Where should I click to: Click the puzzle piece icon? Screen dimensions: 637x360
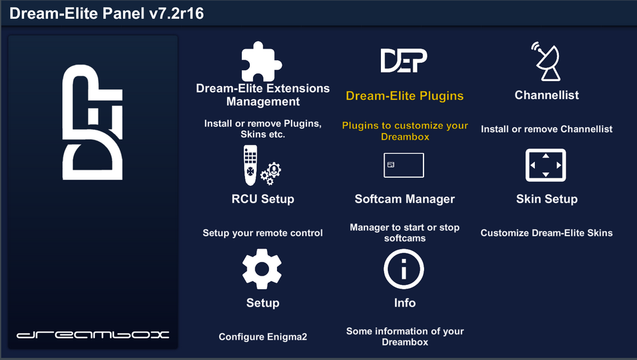coord(262,62)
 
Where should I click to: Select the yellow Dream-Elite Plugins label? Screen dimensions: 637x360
coord(404,96)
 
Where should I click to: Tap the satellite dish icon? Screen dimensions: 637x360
coord(547,62)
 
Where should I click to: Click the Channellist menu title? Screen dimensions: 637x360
coord(547,95)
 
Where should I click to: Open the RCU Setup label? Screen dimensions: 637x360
coord(263,199)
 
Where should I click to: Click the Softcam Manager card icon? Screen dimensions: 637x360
coord(404,166)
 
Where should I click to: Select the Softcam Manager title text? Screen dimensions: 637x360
coord(404,199)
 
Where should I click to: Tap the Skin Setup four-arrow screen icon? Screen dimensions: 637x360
coord(545,166)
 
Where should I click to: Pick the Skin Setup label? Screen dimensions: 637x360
coord(547,199)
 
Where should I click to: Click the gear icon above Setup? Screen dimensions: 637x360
coord(262,269)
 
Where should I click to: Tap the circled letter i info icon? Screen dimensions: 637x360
coord(404,269)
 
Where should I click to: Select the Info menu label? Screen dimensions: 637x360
coord(404,303)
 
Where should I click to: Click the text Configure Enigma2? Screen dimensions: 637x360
coord(263,337)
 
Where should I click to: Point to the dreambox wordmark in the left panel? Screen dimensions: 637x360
coord(92,335)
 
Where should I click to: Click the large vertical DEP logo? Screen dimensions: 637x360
coord(92,122)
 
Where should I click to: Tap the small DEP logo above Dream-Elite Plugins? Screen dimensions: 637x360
coord(404,60)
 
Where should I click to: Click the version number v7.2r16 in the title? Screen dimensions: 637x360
coord(176,14)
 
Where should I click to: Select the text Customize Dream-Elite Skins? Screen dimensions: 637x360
coord(547,233)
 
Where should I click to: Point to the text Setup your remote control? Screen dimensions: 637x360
coord(263,233)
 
